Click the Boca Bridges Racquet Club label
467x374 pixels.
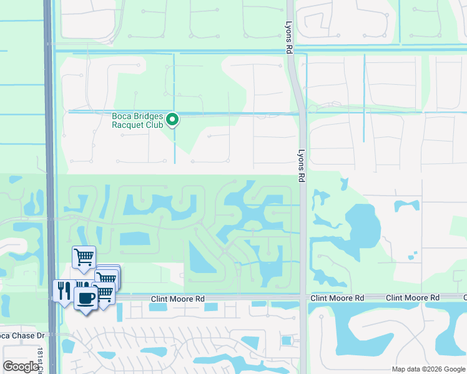(137, 120)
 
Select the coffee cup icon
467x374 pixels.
(86, 297)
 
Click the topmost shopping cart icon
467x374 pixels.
(83, 256)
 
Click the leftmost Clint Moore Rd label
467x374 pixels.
(178, 300)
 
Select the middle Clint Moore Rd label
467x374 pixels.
(337, 299)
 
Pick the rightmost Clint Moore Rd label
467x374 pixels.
(413, 298)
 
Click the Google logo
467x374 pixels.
(21, 367)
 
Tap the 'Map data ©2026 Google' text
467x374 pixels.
(428, 369)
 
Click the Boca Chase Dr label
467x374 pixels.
(22, 335)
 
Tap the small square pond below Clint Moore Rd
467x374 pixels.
(287, 340)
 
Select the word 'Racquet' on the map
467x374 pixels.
(129, 125)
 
